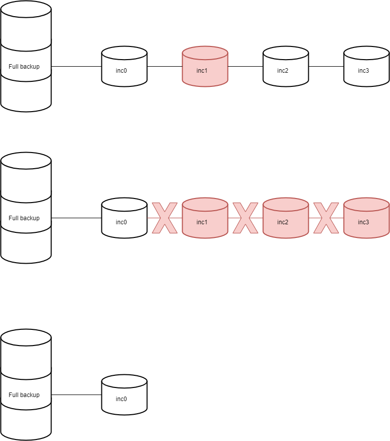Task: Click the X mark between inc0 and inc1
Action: tap(165, 218)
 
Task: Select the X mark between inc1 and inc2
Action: tap(245, 218)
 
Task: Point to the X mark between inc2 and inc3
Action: tap(326, 218)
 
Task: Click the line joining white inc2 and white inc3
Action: tap(326, 66)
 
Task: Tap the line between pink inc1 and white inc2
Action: tap(245, 66)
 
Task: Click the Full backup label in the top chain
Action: tap(24, 67)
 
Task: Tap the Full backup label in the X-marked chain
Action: tap(24, 218)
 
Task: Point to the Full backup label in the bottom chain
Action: tap(24, 395)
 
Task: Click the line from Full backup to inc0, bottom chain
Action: tap(76, 395)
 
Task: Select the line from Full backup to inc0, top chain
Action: tap(76, 66)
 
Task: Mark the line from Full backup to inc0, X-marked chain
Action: tap(76, 218)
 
